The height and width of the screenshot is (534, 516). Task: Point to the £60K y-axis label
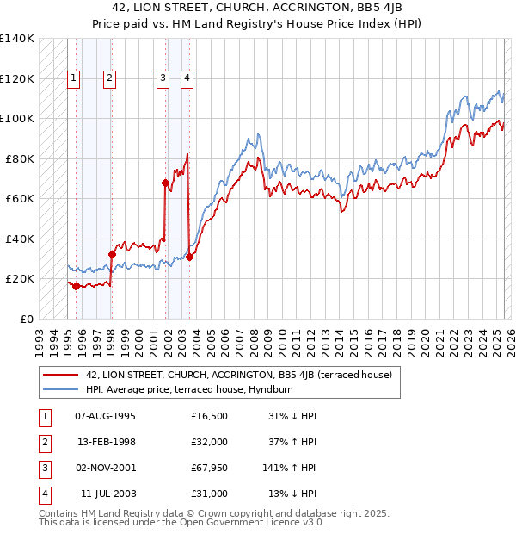tap(20, 199)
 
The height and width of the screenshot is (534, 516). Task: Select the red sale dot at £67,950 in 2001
tap(165, 183)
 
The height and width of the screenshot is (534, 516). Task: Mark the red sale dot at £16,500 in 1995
tap(76, 286)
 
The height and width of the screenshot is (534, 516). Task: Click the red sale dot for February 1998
tap(112, 255)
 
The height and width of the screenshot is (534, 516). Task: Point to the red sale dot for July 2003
tap(189, 257)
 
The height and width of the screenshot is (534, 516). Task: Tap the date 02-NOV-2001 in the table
tap(105, 468)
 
